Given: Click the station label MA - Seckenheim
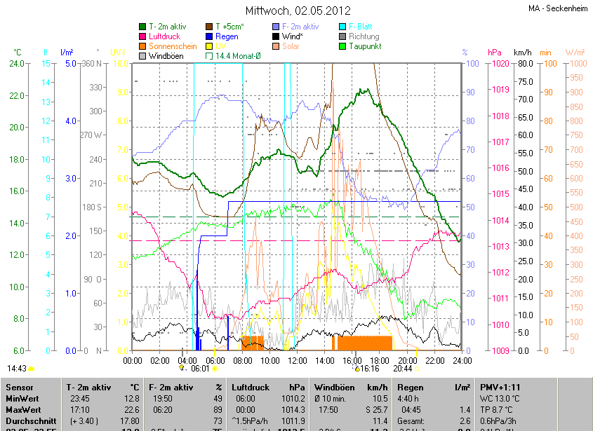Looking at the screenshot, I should pyautogui.click(x=559, y=9).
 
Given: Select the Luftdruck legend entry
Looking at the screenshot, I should pyautogui.click(x=166, y=36).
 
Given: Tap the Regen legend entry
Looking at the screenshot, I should pyautogui.click(x=227, y=36).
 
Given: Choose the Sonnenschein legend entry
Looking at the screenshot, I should pyautogui.click(x=173, y=46).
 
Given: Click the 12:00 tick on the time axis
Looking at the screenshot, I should pyautogui.click(x=297, y=360).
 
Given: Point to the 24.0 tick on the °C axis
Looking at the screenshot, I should pyautogui.click(x=15, y=64).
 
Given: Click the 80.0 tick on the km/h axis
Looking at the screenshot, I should pyautogui.click(x=525, y=64).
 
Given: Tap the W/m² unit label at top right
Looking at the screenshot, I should pyautogui.click(x=575, y=53).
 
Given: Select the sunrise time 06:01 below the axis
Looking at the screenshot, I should pyautogui.click(x=201, y=369).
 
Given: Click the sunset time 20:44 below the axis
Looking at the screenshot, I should pyautogui.click(x=402, y=369).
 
